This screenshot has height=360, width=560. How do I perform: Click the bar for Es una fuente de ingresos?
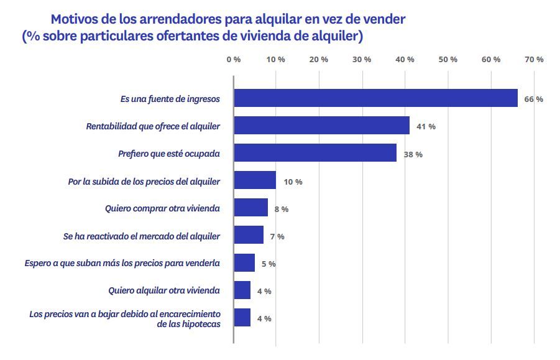point(375,98)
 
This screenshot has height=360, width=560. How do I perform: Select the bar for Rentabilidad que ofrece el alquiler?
point(321,126)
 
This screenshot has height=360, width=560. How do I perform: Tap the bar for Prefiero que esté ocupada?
point(315,153)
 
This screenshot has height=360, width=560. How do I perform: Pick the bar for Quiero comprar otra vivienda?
point(250,208)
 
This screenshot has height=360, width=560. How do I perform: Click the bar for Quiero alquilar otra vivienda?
point(242,290)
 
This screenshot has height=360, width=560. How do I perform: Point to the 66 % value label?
point(533,99)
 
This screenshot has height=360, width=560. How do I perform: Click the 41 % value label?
point(426,126)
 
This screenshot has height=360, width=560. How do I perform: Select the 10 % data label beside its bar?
point(293,182)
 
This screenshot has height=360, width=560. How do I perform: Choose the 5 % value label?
point(269,264)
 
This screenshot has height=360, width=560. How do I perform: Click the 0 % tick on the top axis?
point(234,59)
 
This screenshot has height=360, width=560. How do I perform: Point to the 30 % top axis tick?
point(362,59)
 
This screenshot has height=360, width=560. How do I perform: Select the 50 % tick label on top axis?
point(448,59)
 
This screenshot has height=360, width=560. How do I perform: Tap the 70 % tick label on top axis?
point(534,59)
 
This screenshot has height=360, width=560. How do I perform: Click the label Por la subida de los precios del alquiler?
point(144,181)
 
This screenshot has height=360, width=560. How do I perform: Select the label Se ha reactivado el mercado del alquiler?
point(142,236)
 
